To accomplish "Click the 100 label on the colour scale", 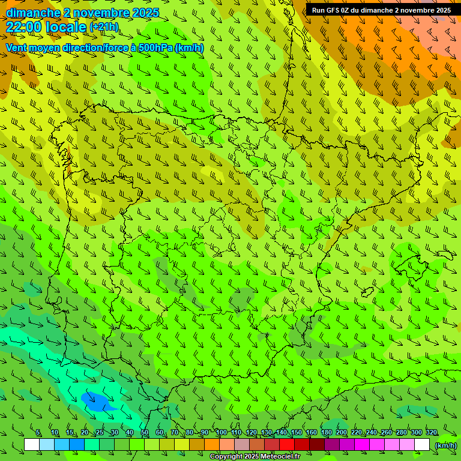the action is (221, 433).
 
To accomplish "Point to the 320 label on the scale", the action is (432, 433).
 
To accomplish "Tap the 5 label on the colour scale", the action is (38, 433).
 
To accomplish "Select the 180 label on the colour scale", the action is (327, 433).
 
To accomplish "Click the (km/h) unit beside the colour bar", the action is (445, 445).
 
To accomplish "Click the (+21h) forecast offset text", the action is (104, 27).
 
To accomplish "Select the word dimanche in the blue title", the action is (33, 13).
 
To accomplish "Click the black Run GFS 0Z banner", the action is (382, 10).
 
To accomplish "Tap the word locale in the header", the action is (66, 26).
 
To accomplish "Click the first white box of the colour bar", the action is (32, 445).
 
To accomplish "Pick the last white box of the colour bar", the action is (422, 445).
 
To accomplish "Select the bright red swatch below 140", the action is (287, 445).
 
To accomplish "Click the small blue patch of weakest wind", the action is (95, 400).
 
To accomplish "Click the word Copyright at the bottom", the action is (227, 457).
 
